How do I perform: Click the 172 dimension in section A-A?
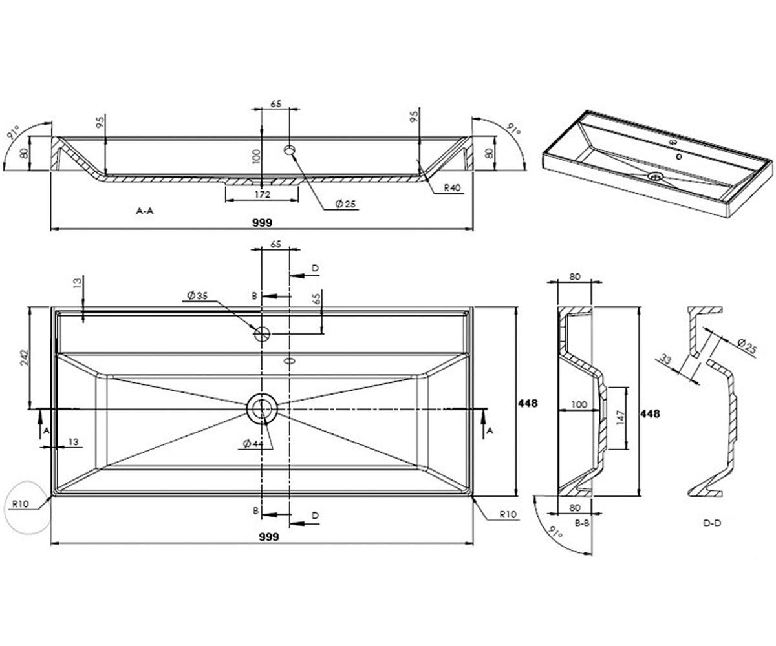[x=263, y=194]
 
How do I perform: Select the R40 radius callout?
[x=452, y=188]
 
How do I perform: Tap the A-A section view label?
[x=145, y=211]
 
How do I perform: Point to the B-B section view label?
[x=582, y=523]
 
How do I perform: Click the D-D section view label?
[x=712, y=523]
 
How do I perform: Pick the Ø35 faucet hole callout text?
[x=198, y=295]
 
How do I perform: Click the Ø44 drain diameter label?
[x=253, y=443]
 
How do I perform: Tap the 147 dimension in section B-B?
[x=620, y=418]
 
